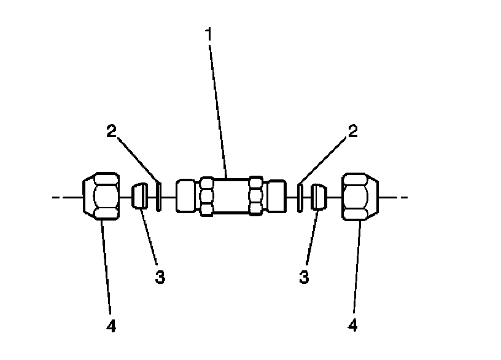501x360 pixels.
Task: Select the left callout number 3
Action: click(160, 276)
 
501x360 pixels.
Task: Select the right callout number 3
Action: click(304, 276)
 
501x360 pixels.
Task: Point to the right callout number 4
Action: click(352, 326)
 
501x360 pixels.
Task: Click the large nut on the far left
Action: click(100, 197)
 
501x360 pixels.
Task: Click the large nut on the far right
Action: click(360, 197)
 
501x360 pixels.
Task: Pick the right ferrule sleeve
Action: click(319, 197)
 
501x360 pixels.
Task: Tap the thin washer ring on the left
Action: click(158, 197)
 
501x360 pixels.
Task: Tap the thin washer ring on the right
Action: click(300, 197)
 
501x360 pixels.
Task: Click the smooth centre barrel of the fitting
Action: click(230, 197)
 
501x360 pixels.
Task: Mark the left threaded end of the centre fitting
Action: click(185, 197)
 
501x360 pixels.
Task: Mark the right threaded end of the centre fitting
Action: click(276, 197)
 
